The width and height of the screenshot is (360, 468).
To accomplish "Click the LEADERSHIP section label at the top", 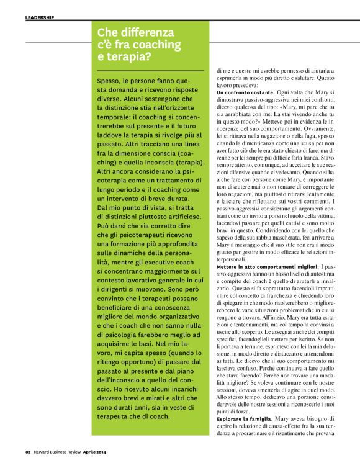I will [39, 18].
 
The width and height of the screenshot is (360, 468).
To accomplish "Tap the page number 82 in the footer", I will [28, 451].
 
